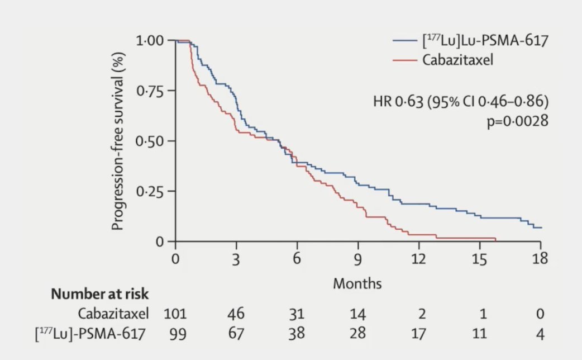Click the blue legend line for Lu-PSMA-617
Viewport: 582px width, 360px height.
coord(404,40)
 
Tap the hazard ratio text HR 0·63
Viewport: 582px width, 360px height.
coord(398,101)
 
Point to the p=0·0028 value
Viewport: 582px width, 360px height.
coord(517,121)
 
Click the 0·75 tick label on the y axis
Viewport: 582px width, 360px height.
coord(150,91)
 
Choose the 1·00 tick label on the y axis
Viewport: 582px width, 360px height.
coord(150,40)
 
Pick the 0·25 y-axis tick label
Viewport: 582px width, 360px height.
coord(150,191)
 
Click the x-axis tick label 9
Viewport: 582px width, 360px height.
coord(357,258)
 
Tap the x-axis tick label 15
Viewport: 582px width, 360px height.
coord(479,258)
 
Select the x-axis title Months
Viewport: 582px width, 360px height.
coord(357,283)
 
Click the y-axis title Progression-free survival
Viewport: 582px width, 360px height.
coord(117,141)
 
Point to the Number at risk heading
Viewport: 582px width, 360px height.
coord(100,294)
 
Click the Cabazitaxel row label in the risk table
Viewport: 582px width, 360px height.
coord(113,314)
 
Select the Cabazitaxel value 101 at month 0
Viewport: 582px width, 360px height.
coord(175,314)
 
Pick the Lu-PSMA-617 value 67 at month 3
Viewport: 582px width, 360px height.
coord(236,333)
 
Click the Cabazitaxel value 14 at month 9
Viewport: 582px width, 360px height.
coord(357,314)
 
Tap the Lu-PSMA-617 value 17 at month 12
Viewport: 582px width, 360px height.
coord(418,333)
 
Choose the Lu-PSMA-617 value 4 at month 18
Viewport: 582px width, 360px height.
coord(540,334)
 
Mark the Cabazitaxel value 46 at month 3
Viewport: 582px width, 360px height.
coord(236,314)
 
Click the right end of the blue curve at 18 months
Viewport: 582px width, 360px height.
coord(541,228)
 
